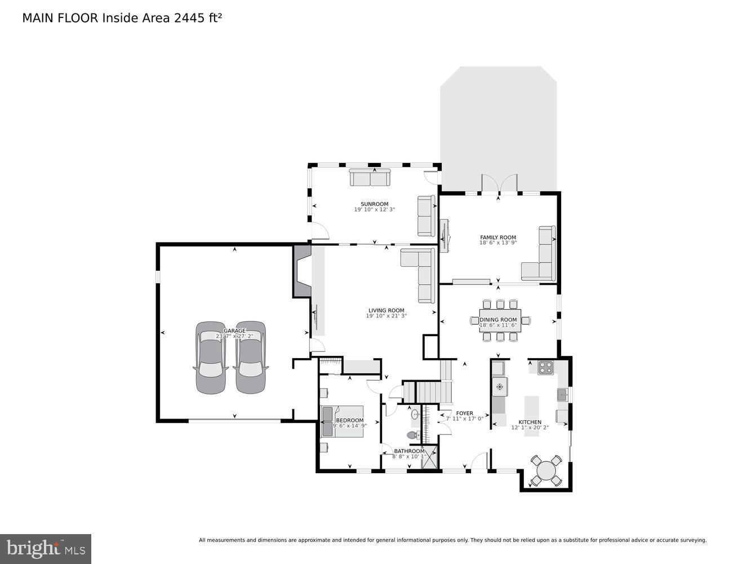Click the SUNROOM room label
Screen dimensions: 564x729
tap(375, 204)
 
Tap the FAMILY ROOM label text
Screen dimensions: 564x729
tap(498, 237)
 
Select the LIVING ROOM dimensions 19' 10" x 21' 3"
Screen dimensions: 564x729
tap(386, 316)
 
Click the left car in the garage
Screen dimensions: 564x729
tap(211, 358)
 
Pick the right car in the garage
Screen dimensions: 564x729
tap(250, 358)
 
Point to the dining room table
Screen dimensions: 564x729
tap(500, 320)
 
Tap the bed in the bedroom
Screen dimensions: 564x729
tap(342, 421)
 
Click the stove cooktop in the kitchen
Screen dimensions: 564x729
tap(545, 367)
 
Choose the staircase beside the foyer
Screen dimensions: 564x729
tap(434, 391)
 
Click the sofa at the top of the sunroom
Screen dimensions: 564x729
tap(370, 177)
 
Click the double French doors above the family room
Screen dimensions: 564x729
tap(499, 183)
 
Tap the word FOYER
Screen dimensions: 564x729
tap(465, 413)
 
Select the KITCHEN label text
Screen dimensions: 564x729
tap(530, 422)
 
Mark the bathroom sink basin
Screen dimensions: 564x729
tap(416, 415)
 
